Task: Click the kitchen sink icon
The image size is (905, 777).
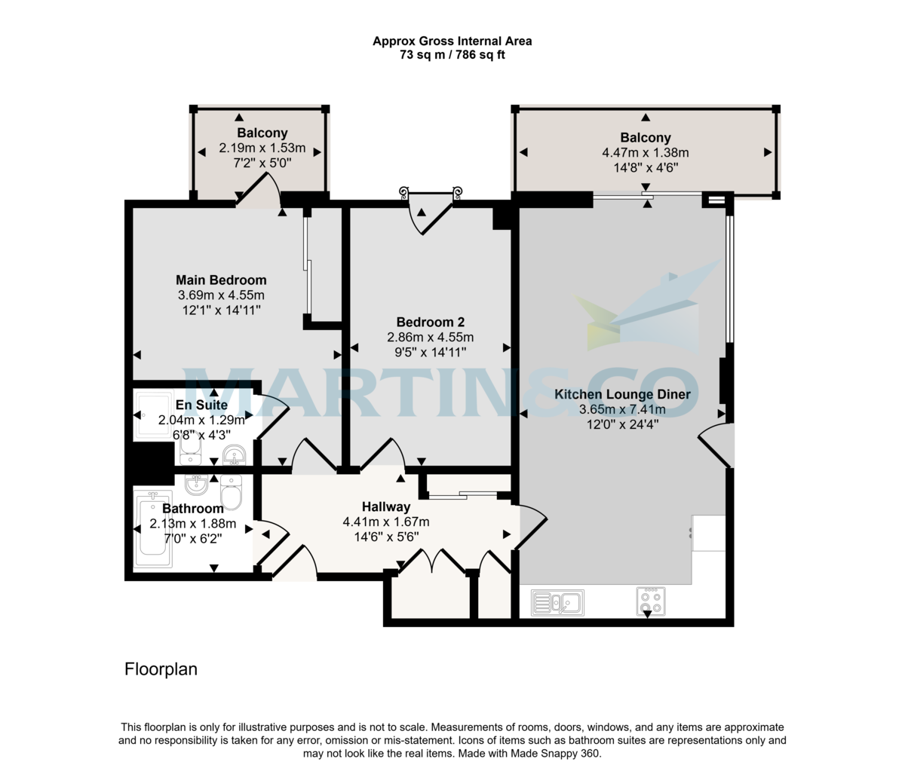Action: [x=556, y=601]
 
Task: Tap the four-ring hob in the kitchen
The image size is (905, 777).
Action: [x=652, y=601]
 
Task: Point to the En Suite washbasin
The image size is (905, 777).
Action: [x=235, y=454]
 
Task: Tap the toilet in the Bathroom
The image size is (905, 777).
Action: [x=229, y=491]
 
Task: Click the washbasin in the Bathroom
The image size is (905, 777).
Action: [x=198, y=483]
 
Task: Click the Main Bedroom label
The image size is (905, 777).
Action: [x=221, y=280]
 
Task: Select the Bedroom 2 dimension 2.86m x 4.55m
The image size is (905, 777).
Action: [x=431, y=338]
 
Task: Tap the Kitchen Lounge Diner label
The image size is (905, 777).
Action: [x=622, y=394]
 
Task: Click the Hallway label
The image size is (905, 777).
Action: [x=385, y=507]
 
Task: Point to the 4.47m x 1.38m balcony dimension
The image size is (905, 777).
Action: [x=645, y=153]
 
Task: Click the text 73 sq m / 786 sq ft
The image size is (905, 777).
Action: [x=452, y=55]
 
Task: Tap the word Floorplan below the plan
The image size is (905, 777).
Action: [x=161, y=669]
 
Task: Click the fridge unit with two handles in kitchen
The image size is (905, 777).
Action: [x=708, y=534]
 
